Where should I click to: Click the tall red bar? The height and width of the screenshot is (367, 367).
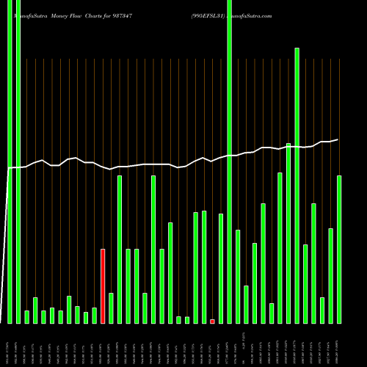103,286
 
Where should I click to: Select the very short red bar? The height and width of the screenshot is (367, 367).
212,321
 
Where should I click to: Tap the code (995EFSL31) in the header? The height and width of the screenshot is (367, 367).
213,15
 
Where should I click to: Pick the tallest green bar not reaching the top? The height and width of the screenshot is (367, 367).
297,183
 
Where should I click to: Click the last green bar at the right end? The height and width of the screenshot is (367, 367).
339,250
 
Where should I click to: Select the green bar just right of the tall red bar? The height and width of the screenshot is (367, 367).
111,308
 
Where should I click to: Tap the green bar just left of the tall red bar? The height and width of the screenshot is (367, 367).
94,316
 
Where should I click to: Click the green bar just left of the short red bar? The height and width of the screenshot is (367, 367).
204,268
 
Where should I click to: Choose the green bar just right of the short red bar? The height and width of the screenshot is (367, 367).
221,268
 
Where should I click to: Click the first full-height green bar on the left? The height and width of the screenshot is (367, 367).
10,161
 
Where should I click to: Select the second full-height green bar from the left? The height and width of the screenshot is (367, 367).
18,161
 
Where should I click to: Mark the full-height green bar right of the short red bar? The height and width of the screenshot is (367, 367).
229,161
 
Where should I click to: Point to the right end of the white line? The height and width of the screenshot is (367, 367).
338,139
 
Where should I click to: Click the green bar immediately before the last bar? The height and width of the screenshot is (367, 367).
330,276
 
